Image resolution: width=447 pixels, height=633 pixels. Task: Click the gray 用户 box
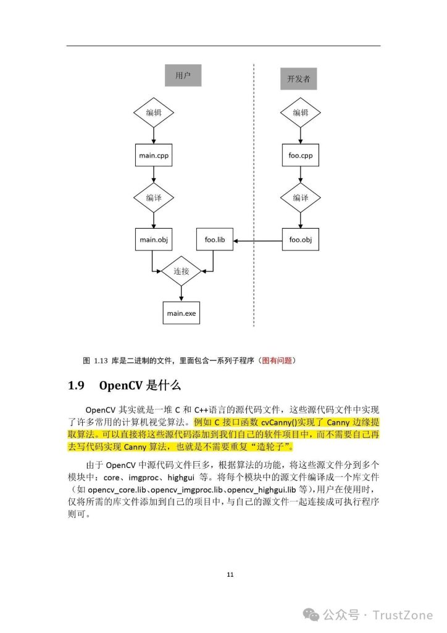tap(183, 76)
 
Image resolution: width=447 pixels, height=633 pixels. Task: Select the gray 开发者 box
tap(298, 80)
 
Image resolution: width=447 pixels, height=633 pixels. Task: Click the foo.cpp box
tap(300, 156)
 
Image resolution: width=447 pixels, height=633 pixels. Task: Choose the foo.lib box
tap(214, 239)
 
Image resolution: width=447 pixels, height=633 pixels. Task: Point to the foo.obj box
tap(300, 239)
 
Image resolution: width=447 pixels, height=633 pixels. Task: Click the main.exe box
tap(182, 313)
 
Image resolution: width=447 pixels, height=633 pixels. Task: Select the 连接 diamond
tap(182, 271)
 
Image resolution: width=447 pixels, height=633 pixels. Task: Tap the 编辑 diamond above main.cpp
tap(154, 113)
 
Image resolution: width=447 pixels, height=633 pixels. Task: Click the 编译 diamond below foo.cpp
tap(300, 198)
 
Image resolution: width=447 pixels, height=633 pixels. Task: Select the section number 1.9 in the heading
tap(76, 386)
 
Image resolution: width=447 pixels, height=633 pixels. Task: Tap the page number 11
tap(230, 575)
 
